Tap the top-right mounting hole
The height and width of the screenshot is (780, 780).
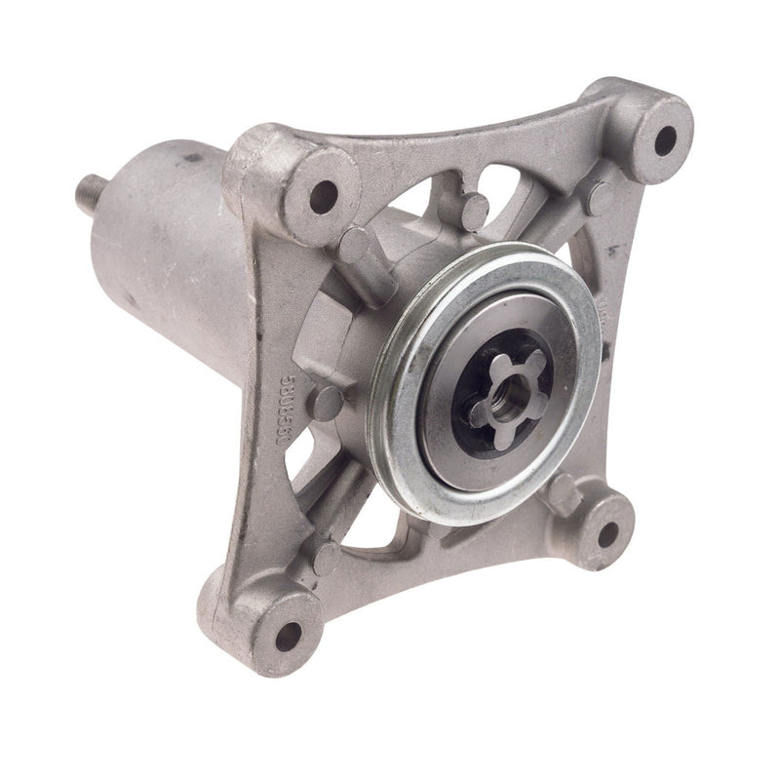click(664, 139)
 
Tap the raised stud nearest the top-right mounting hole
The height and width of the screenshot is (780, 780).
click(596, 199)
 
